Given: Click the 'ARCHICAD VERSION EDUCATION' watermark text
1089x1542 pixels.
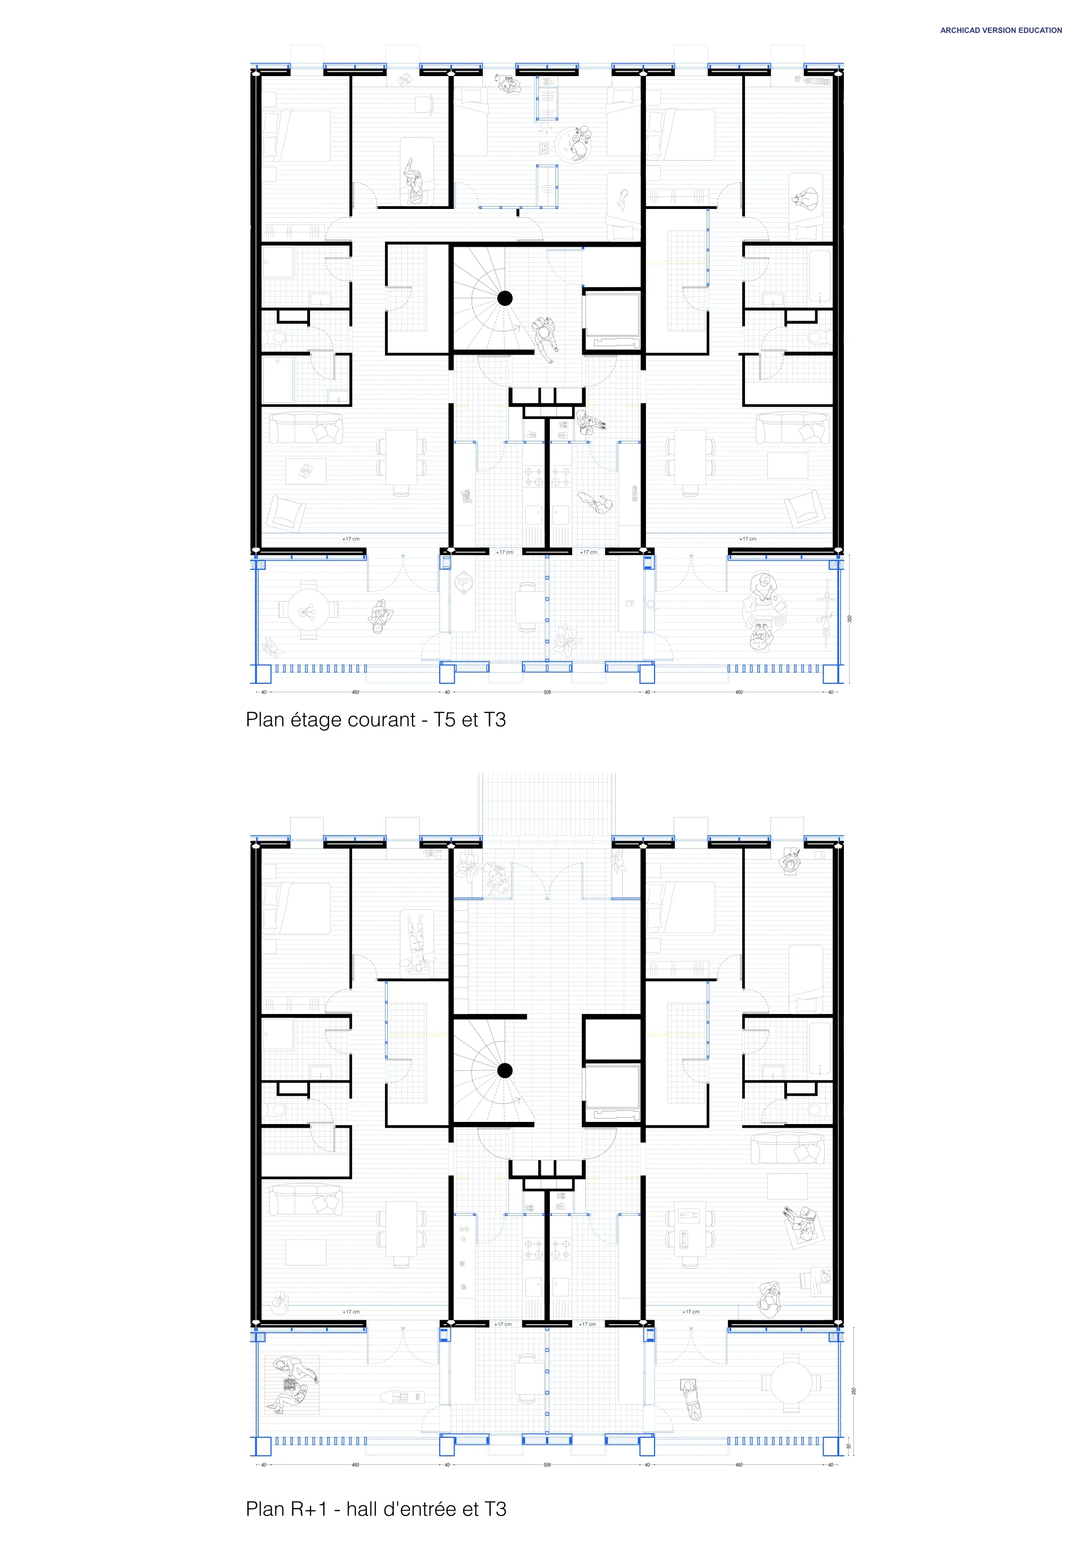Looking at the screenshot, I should (1000, 30).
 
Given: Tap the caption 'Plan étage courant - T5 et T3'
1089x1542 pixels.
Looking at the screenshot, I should (375, 720).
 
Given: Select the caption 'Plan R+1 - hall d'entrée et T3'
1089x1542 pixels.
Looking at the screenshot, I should (375, 1509).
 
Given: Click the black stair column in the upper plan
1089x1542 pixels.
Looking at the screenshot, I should (505, 298).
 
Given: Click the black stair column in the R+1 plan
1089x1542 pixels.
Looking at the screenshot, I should (505, 1070).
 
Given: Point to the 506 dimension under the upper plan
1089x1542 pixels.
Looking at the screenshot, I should (547, 692).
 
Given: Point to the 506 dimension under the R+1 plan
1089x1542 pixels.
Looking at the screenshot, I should (547, 1465).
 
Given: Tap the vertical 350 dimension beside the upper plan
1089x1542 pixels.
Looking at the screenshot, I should (849, 618).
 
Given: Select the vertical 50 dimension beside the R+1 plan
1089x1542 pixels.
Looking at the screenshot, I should (849, 1446).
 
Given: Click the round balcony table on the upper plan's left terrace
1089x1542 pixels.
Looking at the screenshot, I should (308, 610).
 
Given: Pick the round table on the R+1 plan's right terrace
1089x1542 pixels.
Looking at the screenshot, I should (791, 1384).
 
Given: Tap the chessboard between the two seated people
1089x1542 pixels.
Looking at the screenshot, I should (290, 1384).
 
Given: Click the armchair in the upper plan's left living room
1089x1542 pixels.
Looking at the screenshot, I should (286, 514).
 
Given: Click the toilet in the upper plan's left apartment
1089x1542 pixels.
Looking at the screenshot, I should (275, 337).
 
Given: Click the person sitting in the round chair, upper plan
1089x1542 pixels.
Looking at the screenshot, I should (579, 143).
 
